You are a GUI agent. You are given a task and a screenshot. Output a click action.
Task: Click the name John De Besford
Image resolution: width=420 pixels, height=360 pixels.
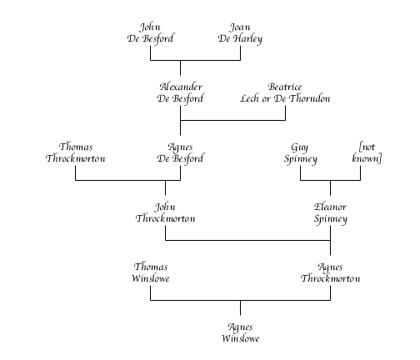pos(150,33)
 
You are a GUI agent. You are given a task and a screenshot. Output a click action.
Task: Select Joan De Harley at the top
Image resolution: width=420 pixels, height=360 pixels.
pos(240,33)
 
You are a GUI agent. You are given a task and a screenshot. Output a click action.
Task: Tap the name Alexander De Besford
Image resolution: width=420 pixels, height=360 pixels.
pos(180,93)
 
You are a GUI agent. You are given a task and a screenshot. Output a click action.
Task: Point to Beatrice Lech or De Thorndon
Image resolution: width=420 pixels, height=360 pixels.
pos(285,92)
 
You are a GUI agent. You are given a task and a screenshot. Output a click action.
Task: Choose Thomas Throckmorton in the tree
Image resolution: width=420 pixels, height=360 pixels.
pos(76,152)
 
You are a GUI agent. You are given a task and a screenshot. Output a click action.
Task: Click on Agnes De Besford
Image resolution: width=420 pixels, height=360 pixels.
pos(180,153)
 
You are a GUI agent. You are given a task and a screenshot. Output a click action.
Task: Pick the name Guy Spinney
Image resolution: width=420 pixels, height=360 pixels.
pos(301,153)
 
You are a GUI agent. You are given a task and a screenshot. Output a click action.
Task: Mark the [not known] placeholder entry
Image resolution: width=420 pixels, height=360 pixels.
pos(367,152)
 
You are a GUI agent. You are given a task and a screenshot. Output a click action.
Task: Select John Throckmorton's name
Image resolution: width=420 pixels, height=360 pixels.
pos(165,212)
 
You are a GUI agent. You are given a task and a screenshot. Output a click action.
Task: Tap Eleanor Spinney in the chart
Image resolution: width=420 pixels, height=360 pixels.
pos(331,213)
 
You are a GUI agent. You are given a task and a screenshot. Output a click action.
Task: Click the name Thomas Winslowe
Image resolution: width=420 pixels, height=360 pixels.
pos(151,272)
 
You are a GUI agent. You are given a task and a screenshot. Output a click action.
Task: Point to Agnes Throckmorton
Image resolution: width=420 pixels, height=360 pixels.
pos(330,272)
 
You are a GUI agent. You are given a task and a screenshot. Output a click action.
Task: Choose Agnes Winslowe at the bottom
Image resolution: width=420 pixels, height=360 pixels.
pos(241,332)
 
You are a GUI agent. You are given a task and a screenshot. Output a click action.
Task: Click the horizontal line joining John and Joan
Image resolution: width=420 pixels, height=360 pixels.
pos(195,60)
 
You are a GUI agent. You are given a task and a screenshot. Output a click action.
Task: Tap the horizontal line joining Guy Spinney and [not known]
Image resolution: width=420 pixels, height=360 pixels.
pos(330,180)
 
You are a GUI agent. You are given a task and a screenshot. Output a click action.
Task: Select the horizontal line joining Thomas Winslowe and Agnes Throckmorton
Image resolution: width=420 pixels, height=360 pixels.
pos(240,300)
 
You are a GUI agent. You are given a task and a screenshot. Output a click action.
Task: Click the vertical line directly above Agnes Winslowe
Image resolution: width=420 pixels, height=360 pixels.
pos(240,307)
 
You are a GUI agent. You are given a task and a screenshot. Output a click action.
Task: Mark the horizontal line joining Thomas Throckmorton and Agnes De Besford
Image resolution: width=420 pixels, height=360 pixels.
pos(128,180)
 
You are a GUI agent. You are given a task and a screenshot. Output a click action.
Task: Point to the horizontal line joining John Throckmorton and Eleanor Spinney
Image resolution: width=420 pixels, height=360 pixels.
pos(247,240)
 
